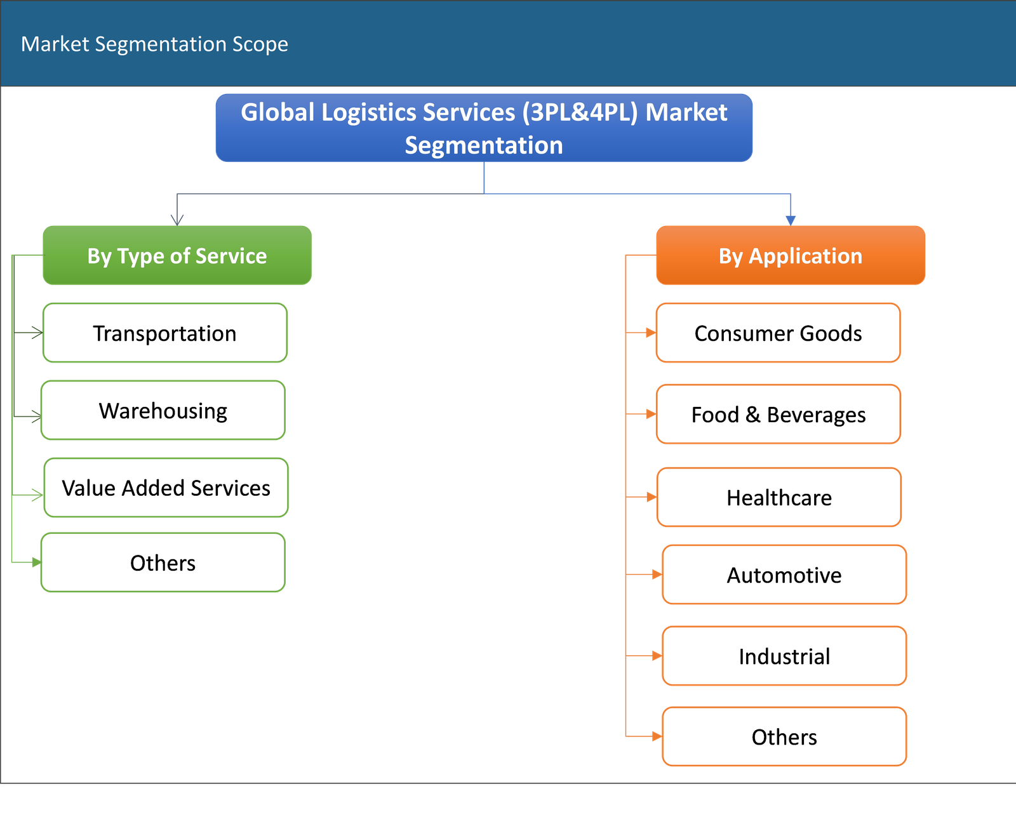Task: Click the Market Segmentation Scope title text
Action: pos(154,44)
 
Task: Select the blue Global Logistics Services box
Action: pos(484,128)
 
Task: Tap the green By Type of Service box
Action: pos(177,255)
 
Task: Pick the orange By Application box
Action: pos(791,255)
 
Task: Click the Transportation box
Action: pos(164,333)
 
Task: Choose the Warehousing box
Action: pos(163,410)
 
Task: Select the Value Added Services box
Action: pos(166,488)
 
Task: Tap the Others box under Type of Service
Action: pos(163,562)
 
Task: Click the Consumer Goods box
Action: pos(778,333)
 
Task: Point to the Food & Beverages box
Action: pos(778,414)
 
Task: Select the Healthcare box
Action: pos(779,497)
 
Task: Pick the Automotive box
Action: pos(784,575)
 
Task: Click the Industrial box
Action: pos(784,656)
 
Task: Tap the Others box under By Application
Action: pos(784,736)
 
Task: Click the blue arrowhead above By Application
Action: pos(790,220)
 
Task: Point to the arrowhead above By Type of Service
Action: pos(177,220)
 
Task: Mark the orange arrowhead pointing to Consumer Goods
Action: pos(650,333)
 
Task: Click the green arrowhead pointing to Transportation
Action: pos(37,333)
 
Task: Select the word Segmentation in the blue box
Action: pos(484,145)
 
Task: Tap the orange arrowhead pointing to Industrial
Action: pos(656,656)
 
